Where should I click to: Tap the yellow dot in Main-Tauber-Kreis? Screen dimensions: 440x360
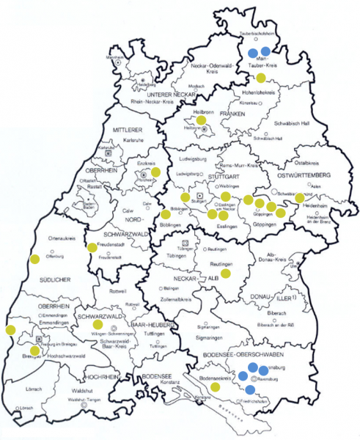pyautogui.click(x=260, y=78)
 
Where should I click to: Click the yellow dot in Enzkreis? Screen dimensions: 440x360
pyautogui.click(x=155, y=172)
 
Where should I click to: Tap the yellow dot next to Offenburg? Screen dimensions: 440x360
pyautogui.click(x=34, y=258)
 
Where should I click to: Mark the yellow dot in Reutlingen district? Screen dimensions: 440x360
pyautogui.click(x=226, y=273)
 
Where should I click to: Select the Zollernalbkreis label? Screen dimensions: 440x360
pyautogui.click(x=179, y=301)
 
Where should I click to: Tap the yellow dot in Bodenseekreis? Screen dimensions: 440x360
pyautogui.click(x=215, y=386)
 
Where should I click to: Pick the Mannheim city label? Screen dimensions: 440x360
pyautogui.click(x=114, y=56)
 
